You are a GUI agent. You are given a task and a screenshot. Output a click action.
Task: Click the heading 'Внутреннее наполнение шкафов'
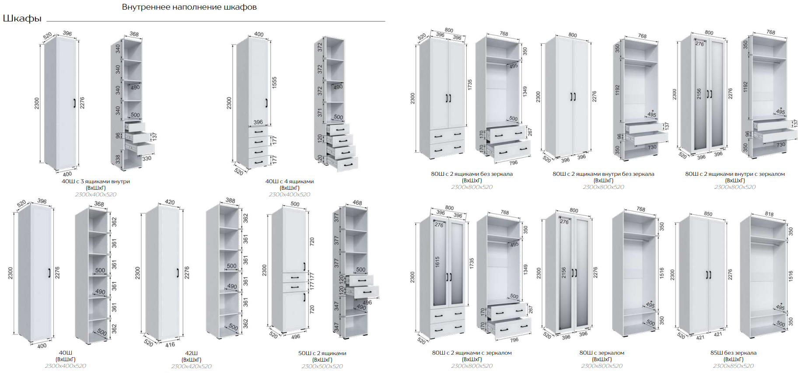(189, 7)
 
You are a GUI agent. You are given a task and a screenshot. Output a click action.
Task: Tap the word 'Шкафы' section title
(22, 18)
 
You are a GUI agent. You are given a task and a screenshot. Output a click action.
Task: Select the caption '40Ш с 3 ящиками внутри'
(96, 181)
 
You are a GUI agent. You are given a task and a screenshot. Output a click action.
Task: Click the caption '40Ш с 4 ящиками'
(289, 181)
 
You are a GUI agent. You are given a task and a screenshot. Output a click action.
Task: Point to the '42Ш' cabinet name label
(191, 353)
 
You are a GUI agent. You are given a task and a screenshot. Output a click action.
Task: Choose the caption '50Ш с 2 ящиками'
(322, 353)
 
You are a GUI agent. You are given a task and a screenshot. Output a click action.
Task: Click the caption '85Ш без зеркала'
(733, 353)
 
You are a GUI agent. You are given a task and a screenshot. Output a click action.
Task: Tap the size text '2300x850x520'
(733, 366)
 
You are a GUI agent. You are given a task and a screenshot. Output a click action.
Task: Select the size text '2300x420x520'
(191, 366)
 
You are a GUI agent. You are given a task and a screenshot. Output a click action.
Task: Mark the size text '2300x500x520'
(322, 366)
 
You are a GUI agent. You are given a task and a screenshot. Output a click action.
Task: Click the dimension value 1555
(274, 83)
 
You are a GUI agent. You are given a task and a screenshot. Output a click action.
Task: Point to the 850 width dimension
(708, 214)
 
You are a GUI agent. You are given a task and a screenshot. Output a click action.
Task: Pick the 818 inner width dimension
(769, 214)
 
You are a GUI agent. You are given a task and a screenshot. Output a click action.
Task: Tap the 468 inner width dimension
(357, 203)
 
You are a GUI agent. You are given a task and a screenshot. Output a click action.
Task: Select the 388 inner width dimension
(230, 200)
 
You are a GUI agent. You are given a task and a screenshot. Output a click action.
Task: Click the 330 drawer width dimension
(147, 158)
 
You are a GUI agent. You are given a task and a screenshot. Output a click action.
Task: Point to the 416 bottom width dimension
(170, 345)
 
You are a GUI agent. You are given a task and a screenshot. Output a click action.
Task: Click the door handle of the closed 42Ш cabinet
(178, 273)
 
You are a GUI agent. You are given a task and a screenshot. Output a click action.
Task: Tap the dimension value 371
(320, 112)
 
